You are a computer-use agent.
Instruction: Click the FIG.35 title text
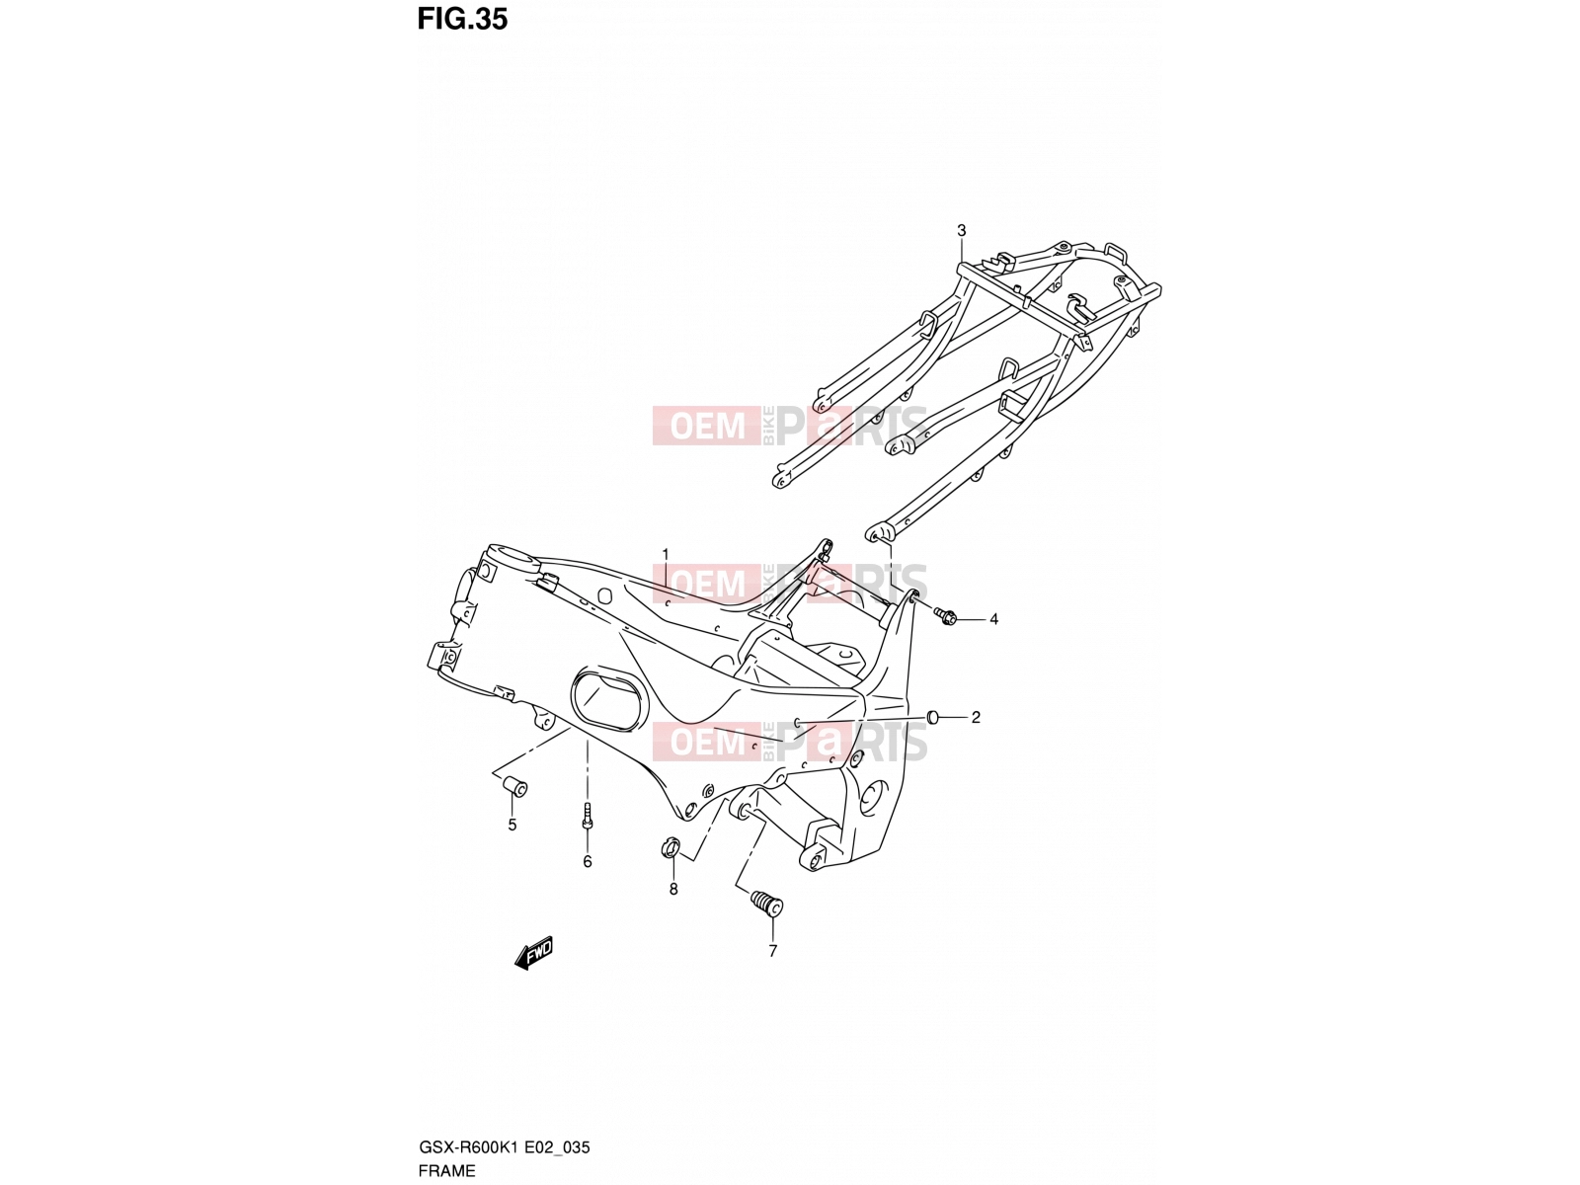pos(462,20)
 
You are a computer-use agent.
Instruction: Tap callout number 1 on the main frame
pos(666,553)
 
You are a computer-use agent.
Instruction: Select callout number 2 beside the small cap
pos(976,717)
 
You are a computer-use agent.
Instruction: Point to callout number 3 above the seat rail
pos(961,230)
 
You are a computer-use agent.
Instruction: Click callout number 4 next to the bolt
pos(993,619)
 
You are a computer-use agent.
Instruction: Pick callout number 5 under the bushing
pos(512,826)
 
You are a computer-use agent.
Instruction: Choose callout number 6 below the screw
pos(588,862)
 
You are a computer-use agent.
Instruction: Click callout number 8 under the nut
pos(673,890)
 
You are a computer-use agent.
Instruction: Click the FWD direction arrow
pos(533,953)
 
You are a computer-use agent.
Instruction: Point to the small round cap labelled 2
pos(933,717)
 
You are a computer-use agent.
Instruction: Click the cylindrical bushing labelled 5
pos(516,786)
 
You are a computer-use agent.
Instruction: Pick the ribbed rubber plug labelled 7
pos(767,904)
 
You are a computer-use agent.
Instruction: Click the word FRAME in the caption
pos(446,1170)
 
